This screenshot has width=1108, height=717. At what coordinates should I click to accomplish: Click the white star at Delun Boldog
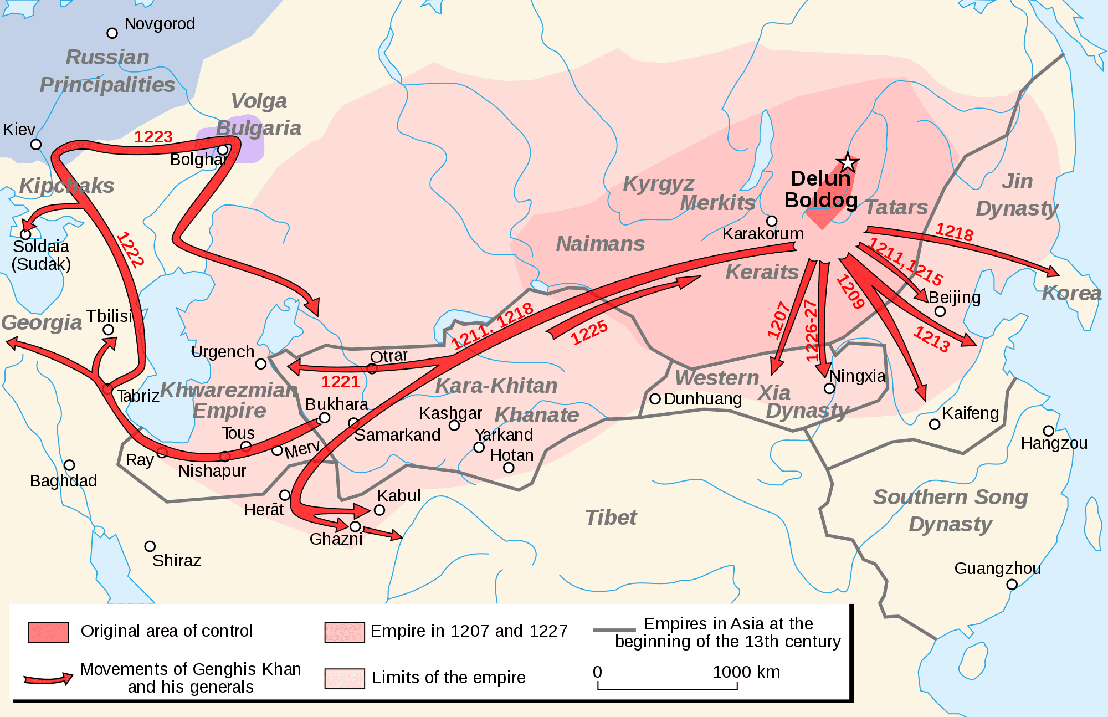[x=848, y=162]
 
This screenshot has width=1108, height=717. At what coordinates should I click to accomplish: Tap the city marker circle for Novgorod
[x=112, y=33]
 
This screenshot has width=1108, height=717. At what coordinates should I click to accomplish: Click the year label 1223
[x=153, y=137]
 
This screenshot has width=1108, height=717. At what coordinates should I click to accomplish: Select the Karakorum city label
[x=763, y=234]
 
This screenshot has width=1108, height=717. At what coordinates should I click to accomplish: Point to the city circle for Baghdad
[x=69, y=465]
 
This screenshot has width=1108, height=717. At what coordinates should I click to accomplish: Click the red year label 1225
[x=589, y=333]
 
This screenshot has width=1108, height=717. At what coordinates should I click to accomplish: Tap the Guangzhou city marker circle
[x=1012, y=584]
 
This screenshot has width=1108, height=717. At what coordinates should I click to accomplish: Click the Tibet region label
[x=611, y=518]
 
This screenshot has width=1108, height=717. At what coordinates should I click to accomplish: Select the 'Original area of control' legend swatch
[x=49, y=632]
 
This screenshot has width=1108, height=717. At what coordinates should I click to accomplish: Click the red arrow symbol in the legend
[x=49, y=679]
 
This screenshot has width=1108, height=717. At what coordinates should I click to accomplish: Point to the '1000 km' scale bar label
[x=746, y=672]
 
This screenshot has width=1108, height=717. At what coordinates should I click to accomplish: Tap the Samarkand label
[x=397, y=435]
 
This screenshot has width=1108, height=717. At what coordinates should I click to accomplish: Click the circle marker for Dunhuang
[x=655, y=398]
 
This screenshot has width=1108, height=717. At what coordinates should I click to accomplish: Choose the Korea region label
[x=1071, y=294]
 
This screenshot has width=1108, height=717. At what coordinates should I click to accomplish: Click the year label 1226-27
[x=811, y=331]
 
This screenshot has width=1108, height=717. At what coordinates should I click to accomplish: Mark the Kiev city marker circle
[x=36, y=144]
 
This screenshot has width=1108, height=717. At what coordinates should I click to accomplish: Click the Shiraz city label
[x=176, y=561]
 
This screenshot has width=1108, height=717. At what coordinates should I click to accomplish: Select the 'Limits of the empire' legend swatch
[x=345, y=678]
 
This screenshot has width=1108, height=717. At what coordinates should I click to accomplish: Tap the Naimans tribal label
[x=601, y=244]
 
